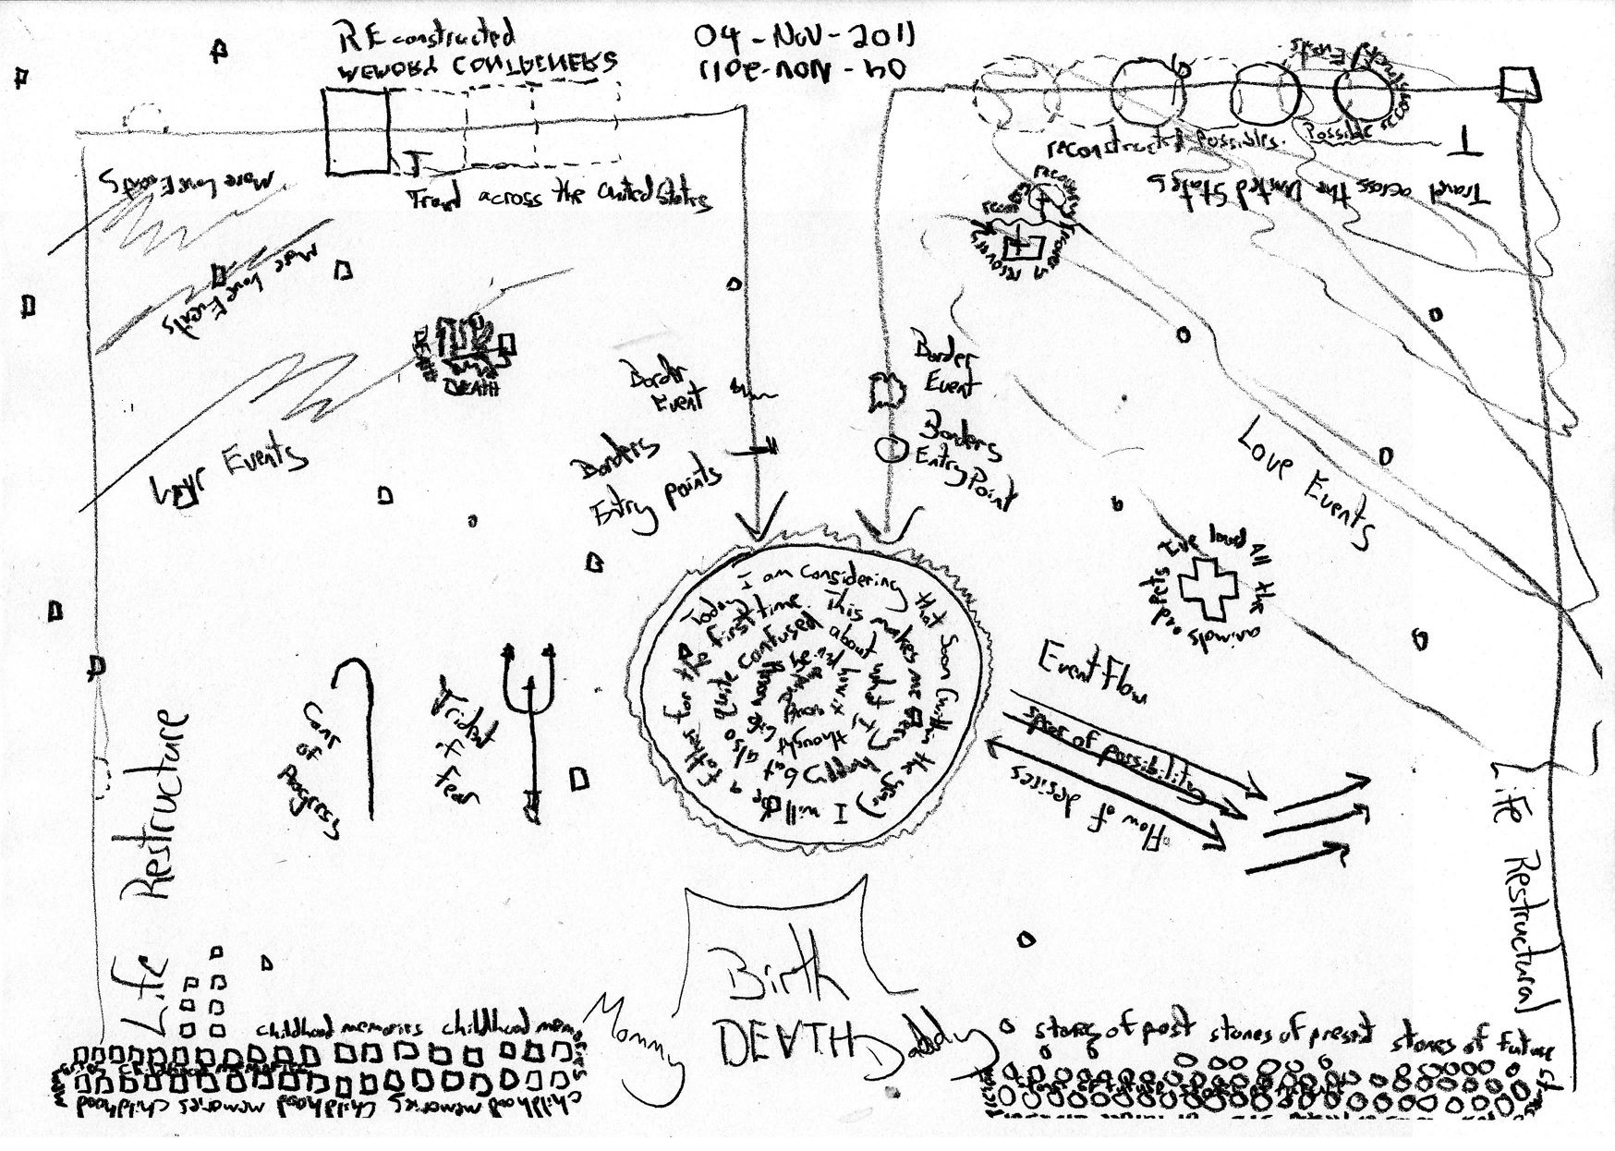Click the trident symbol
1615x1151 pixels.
[528, 721]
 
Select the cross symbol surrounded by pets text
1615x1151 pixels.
[1206, 589]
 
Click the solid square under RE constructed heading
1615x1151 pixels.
[358, 131]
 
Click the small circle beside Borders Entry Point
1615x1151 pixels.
[889, 449]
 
